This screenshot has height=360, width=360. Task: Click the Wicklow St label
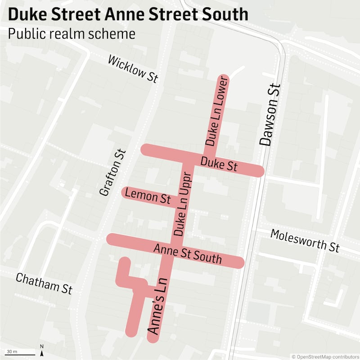point(133,69)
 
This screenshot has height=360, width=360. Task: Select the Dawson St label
point(269,115)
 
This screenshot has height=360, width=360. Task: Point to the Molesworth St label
point(305,240)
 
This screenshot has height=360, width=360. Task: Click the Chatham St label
point(44,283)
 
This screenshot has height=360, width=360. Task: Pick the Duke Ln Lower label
point(217,111)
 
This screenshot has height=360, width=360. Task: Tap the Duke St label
point(219,164)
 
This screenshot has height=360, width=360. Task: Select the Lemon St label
point(148,196)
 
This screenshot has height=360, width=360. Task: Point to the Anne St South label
point(188,254)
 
